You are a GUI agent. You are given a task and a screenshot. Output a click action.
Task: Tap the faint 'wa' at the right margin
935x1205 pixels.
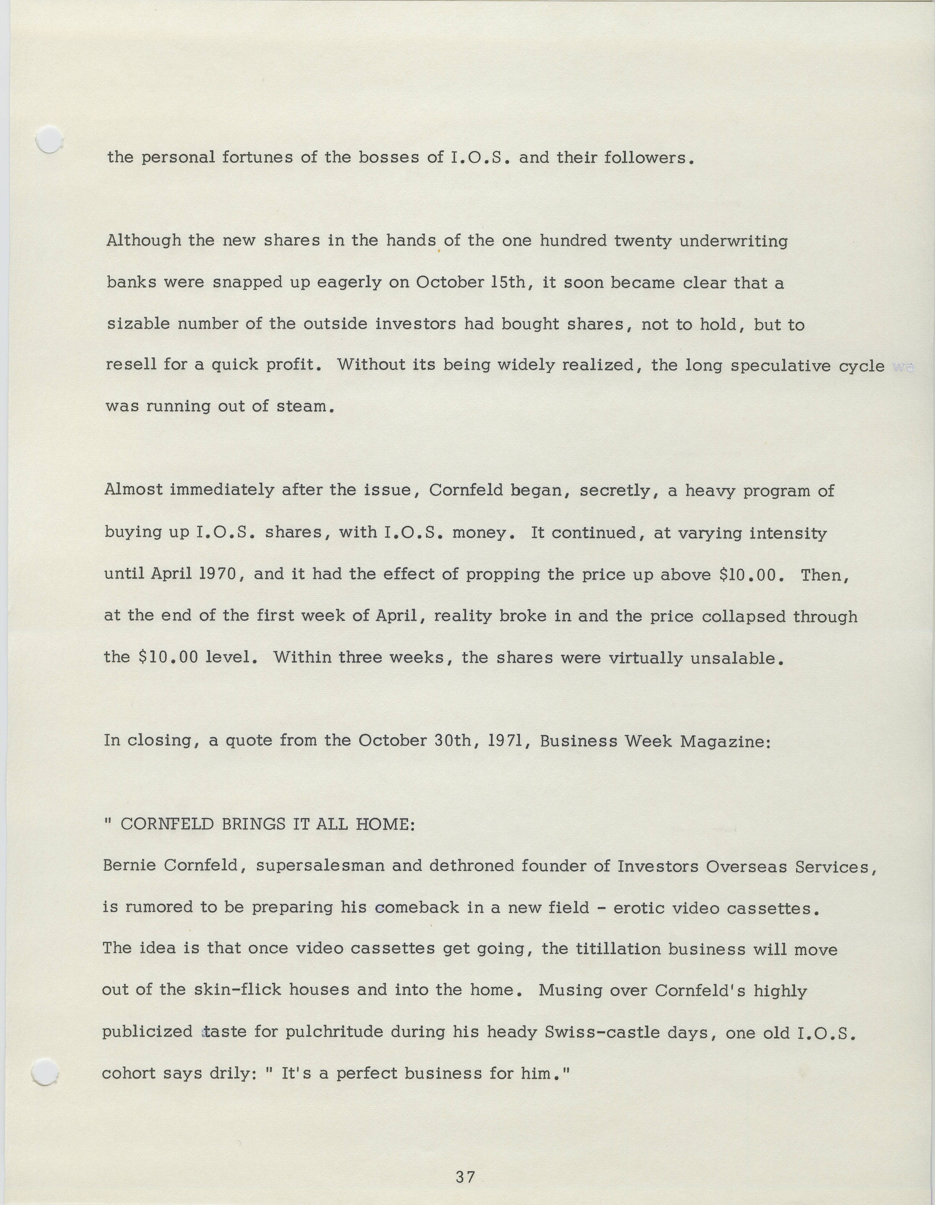[903, 368]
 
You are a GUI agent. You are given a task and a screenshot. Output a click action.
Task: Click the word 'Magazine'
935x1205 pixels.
[724, 741]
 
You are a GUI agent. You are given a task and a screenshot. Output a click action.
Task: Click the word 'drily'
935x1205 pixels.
[227, 1074]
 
